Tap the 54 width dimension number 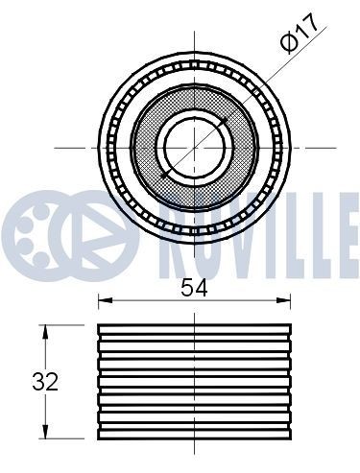pyautogui.click(x=194, y=286)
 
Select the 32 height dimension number pyautogui.click(x=44, y=381)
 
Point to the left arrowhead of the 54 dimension pyautogui.click(x=103, y=303)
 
